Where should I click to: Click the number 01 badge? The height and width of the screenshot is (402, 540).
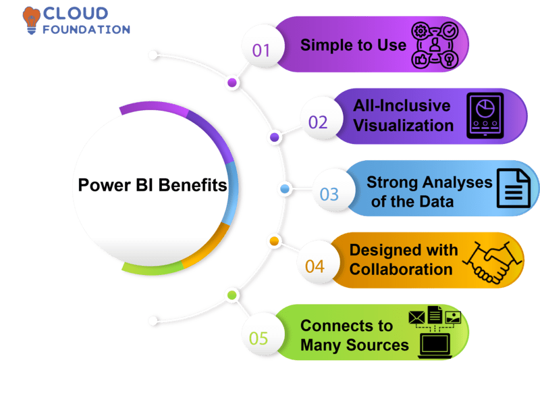(261, 50)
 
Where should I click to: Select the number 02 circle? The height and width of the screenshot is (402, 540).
(318, 122)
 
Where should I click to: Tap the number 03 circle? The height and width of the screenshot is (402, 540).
(329, 195)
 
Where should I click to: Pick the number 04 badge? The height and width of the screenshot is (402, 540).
(315, 266)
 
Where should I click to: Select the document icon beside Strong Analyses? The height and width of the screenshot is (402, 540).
(514, 189)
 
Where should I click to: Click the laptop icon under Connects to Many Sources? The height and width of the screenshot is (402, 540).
(435, 345)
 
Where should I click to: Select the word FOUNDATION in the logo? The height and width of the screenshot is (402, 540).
(86, 30)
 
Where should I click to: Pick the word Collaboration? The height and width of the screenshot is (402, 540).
(400, 269)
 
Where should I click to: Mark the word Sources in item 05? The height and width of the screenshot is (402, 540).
(382, 345)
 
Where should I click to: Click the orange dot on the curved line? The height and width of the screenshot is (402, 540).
(274, 241)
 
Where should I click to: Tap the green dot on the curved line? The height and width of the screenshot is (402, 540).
(232, 295)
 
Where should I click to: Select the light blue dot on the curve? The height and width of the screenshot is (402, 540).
(285, 189)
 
